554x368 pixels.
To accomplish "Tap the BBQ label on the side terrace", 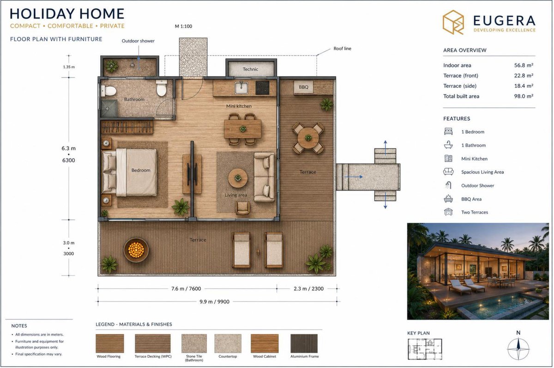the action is pos(303,87).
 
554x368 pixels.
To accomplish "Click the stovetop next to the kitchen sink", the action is pos(262,88).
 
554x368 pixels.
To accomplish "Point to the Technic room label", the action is pos(250,69).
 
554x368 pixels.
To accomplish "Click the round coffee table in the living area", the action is pos(238,178).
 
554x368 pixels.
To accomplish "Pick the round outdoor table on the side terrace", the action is pos(308,138).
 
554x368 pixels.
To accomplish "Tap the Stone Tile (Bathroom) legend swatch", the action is pos(194,343).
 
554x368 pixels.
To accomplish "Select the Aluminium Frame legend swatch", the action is pos(304,343).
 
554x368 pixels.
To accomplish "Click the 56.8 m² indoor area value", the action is pos(524,65).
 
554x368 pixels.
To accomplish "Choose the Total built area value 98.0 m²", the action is pos(524,96).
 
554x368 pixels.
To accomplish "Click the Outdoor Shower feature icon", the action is pos(448,185).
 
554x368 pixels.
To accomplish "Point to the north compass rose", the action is pos(518,349).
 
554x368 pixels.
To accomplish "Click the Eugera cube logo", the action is pos(453,22).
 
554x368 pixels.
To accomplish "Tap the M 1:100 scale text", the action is pos(184,26).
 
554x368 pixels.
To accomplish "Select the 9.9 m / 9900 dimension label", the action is pos(214,301).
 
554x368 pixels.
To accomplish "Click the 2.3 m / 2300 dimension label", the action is pos(309,288).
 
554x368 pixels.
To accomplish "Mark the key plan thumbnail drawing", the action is pos(425,349).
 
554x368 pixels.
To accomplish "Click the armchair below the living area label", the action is pos(243,208).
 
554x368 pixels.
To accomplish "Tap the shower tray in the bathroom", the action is pos(109,109).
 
